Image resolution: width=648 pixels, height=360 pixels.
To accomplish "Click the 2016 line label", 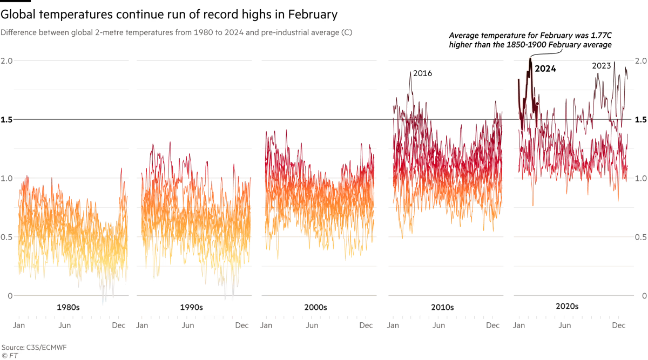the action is coord(422,73).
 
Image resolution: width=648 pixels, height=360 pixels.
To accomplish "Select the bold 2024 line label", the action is coord(545,69).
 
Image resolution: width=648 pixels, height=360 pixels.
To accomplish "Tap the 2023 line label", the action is coord(602,66).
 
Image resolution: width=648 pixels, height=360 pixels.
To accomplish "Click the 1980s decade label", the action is coord(68,307).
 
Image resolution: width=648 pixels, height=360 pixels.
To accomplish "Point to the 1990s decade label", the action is coord(192,307).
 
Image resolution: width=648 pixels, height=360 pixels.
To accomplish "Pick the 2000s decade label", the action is coord(315,307).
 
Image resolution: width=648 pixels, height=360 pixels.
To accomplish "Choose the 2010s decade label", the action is coord(442,307).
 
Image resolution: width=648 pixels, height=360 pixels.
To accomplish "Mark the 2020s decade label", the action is coord(567,307).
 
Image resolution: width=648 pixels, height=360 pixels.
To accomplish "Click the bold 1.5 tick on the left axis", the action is coord(6,120).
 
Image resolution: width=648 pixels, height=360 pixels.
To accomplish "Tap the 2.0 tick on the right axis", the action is coord(641,61).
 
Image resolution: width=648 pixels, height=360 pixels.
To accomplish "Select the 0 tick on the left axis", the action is coord(10,296).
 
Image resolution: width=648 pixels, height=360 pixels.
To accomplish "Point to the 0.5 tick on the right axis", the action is coord(641,237).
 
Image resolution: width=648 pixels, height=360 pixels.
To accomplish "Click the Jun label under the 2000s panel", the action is coord(312,325).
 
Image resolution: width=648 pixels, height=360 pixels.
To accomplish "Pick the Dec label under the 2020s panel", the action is coord(618,325).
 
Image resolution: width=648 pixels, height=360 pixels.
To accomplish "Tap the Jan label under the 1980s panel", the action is coord(19,325).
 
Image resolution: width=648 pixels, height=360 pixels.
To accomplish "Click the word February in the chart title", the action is coord(313,15).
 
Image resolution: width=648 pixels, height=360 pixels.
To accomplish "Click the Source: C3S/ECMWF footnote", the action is coord(34,348).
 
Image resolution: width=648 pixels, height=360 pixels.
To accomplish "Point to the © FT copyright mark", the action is coord(10,356).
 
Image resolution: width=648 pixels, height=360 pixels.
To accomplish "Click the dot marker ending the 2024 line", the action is coord(537,104).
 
